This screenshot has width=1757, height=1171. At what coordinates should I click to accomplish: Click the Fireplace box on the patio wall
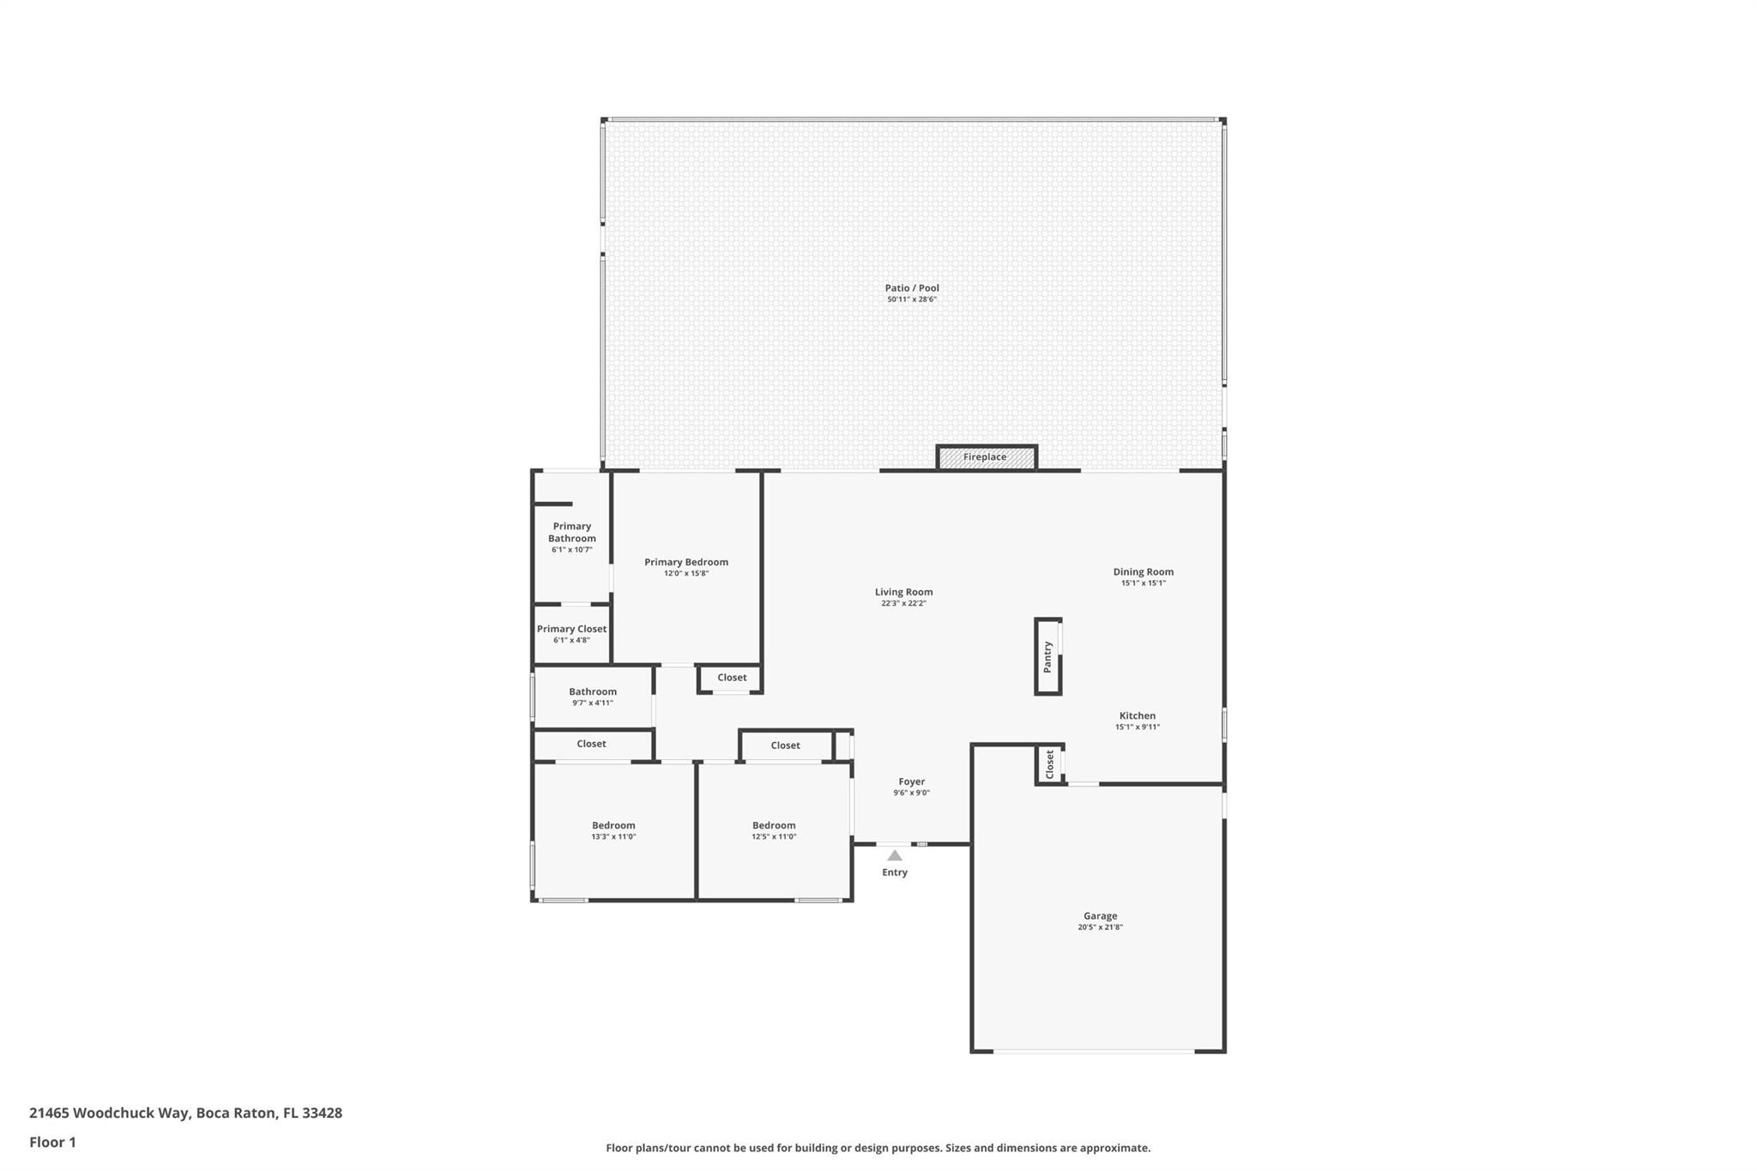pos(986,457)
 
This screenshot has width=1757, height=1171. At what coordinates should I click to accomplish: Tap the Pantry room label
pos(1048,656)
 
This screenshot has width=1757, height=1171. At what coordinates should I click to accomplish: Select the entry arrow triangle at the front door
pos(895,855)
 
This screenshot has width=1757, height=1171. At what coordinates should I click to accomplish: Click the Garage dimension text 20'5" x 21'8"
pos(1100,927)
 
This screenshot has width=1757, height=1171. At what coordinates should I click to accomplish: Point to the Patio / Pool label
pos(912,288)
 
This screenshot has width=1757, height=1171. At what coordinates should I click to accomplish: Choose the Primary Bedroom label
pos(686,562)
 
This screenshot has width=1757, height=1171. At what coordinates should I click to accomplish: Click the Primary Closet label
pos(571,629)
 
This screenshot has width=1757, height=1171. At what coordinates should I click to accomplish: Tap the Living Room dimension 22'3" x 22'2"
pos(903,603)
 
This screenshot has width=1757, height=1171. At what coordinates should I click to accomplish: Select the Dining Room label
pos(1144,571)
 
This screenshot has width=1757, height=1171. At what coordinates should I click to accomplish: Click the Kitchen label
pos(1138,715)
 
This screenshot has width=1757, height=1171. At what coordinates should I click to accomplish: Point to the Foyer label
pos(912,782)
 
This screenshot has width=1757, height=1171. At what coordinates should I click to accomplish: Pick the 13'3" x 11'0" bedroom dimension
pos(613,836)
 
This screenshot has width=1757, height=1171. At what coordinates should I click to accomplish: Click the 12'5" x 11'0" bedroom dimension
pos(774,836)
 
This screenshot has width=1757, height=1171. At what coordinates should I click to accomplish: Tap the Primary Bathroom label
pos(572,532)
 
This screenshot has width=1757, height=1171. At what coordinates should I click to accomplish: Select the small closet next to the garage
pos(1050,764)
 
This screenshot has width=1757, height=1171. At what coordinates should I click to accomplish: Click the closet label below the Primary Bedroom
pos(732,678)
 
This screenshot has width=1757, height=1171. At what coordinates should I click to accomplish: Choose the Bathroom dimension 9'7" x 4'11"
pos(593,703)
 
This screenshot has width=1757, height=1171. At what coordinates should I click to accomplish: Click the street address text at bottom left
pos(185,1114)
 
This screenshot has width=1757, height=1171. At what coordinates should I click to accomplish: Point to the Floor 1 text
pos(52,1142)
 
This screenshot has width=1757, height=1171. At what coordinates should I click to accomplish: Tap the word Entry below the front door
pos(895,872)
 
